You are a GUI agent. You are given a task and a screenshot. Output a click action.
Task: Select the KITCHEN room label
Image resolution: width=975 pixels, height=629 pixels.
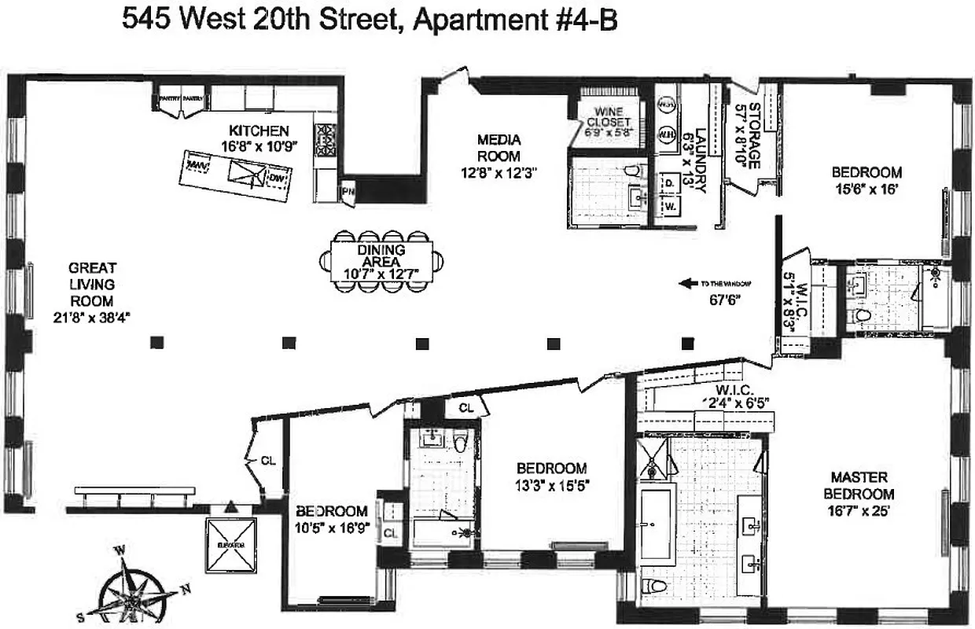coord(259,138)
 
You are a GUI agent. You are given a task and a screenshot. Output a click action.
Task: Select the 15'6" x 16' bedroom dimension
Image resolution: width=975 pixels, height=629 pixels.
coord(866,189)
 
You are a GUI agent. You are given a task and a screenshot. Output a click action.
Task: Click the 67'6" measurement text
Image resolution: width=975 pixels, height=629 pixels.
coord(725,300)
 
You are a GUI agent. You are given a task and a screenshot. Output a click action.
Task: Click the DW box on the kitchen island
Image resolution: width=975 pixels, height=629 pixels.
coord(275,179)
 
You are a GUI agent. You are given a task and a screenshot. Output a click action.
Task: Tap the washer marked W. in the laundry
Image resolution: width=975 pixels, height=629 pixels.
coord(671,207)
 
